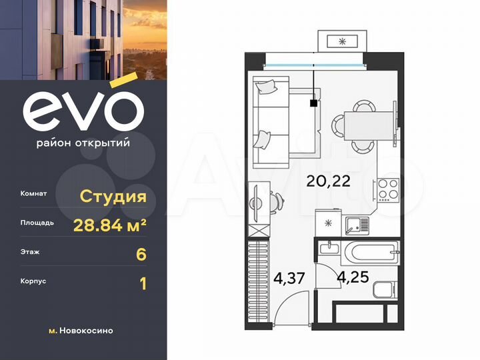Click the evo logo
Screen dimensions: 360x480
tap(83, 111)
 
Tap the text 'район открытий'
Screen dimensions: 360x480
tap(83, 142)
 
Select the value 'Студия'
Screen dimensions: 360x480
tap(113, 196)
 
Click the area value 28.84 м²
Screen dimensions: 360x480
tap(109, 225)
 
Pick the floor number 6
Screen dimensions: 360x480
tap(141, 254)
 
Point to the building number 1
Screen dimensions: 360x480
tap(141, 283)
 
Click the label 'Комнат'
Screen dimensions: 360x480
tap(33, 194)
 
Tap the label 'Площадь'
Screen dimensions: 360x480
tap(37, 223)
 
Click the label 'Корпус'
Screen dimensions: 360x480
tap(33, 281)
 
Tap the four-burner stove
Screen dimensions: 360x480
tap(387, 190)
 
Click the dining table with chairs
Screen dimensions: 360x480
tap(364, 125)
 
